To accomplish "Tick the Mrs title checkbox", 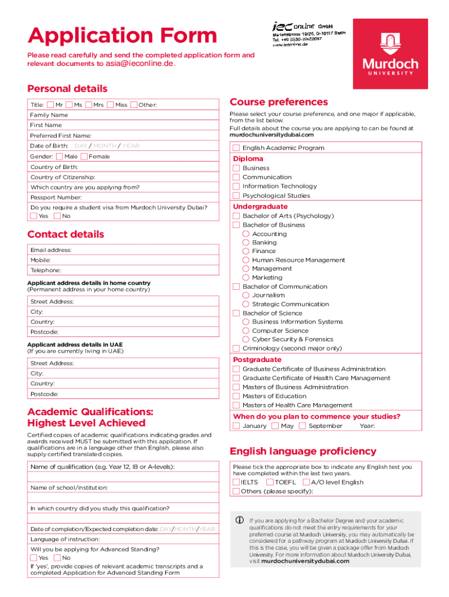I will click(89, 105).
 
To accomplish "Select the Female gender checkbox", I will click(84, 156).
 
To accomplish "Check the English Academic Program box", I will click(236, 148).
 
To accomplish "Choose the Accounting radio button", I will click(246, 234).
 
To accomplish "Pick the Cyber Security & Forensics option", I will click(246, 339).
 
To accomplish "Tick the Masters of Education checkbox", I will click(236, 396).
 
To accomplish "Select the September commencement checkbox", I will click(302, 426).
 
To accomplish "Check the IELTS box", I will click(236, 482).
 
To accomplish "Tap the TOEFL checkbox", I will click(269, 482).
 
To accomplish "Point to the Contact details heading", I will click(65, 234).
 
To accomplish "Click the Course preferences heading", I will click(279, 102).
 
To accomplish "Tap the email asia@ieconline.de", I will click(139, 64).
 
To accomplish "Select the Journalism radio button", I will click(246, 296).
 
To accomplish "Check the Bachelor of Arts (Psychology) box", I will click(236, 216).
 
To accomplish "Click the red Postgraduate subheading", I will click(257, 360).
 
